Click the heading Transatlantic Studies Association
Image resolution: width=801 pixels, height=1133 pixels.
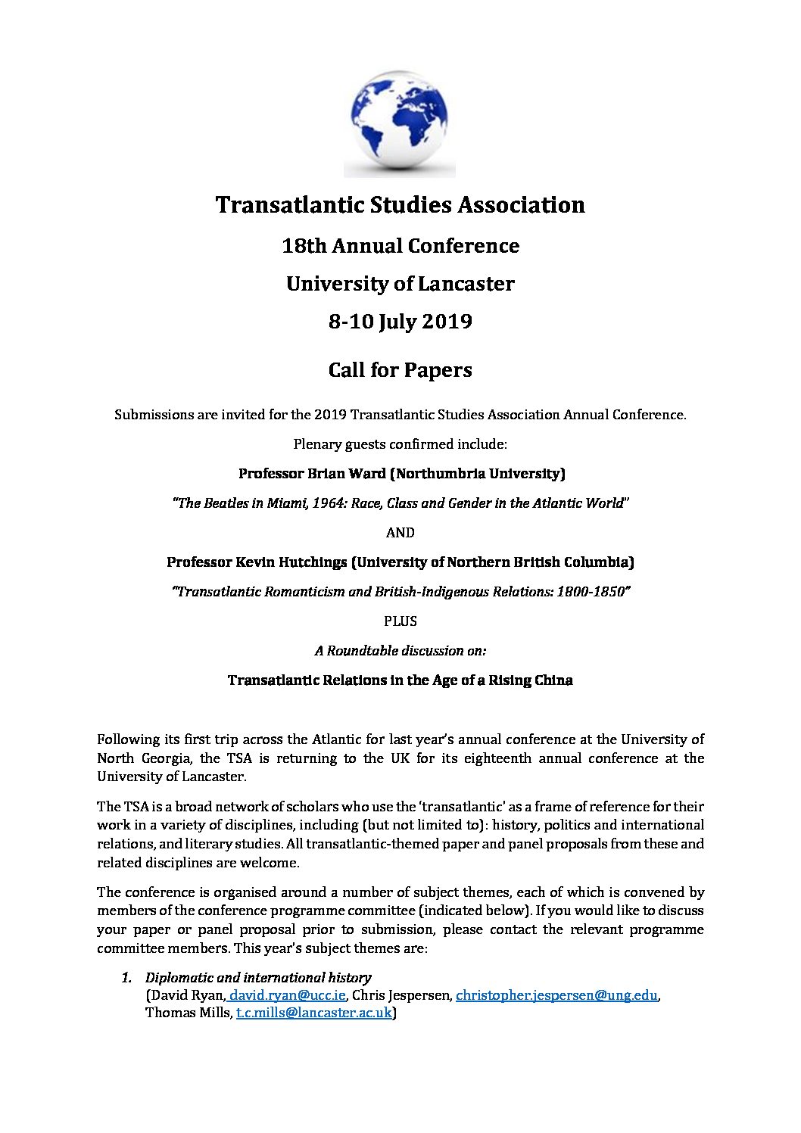(400, 205)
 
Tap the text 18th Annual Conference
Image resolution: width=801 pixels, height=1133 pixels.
(400, 246)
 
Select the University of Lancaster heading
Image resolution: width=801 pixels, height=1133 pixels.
(400, 284)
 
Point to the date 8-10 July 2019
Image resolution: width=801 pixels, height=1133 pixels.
(400, 322)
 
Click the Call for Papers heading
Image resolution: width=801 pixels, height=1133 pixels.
(400, 370)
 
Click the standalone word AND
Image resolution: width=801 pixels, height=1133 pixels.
(400, 533)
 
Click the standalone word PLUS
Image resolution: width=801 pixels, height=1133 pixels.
(400, 621)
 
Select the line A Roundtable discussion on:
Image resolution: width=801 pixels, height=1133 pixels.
(400, 651)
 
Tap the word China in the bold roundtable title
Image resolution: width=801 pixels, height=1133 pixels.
(552, 680)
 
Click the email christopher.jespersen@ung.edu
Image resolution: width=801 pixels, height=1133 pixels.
(556, 995)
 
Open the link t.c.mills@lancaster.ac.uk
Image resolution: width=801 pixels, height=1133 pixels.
(314, 1013)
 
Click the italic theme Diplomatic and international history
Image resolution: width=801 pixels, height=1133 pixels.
(258, 978)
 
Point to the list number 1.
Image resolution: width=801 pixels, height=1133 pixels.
(127, 978)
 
